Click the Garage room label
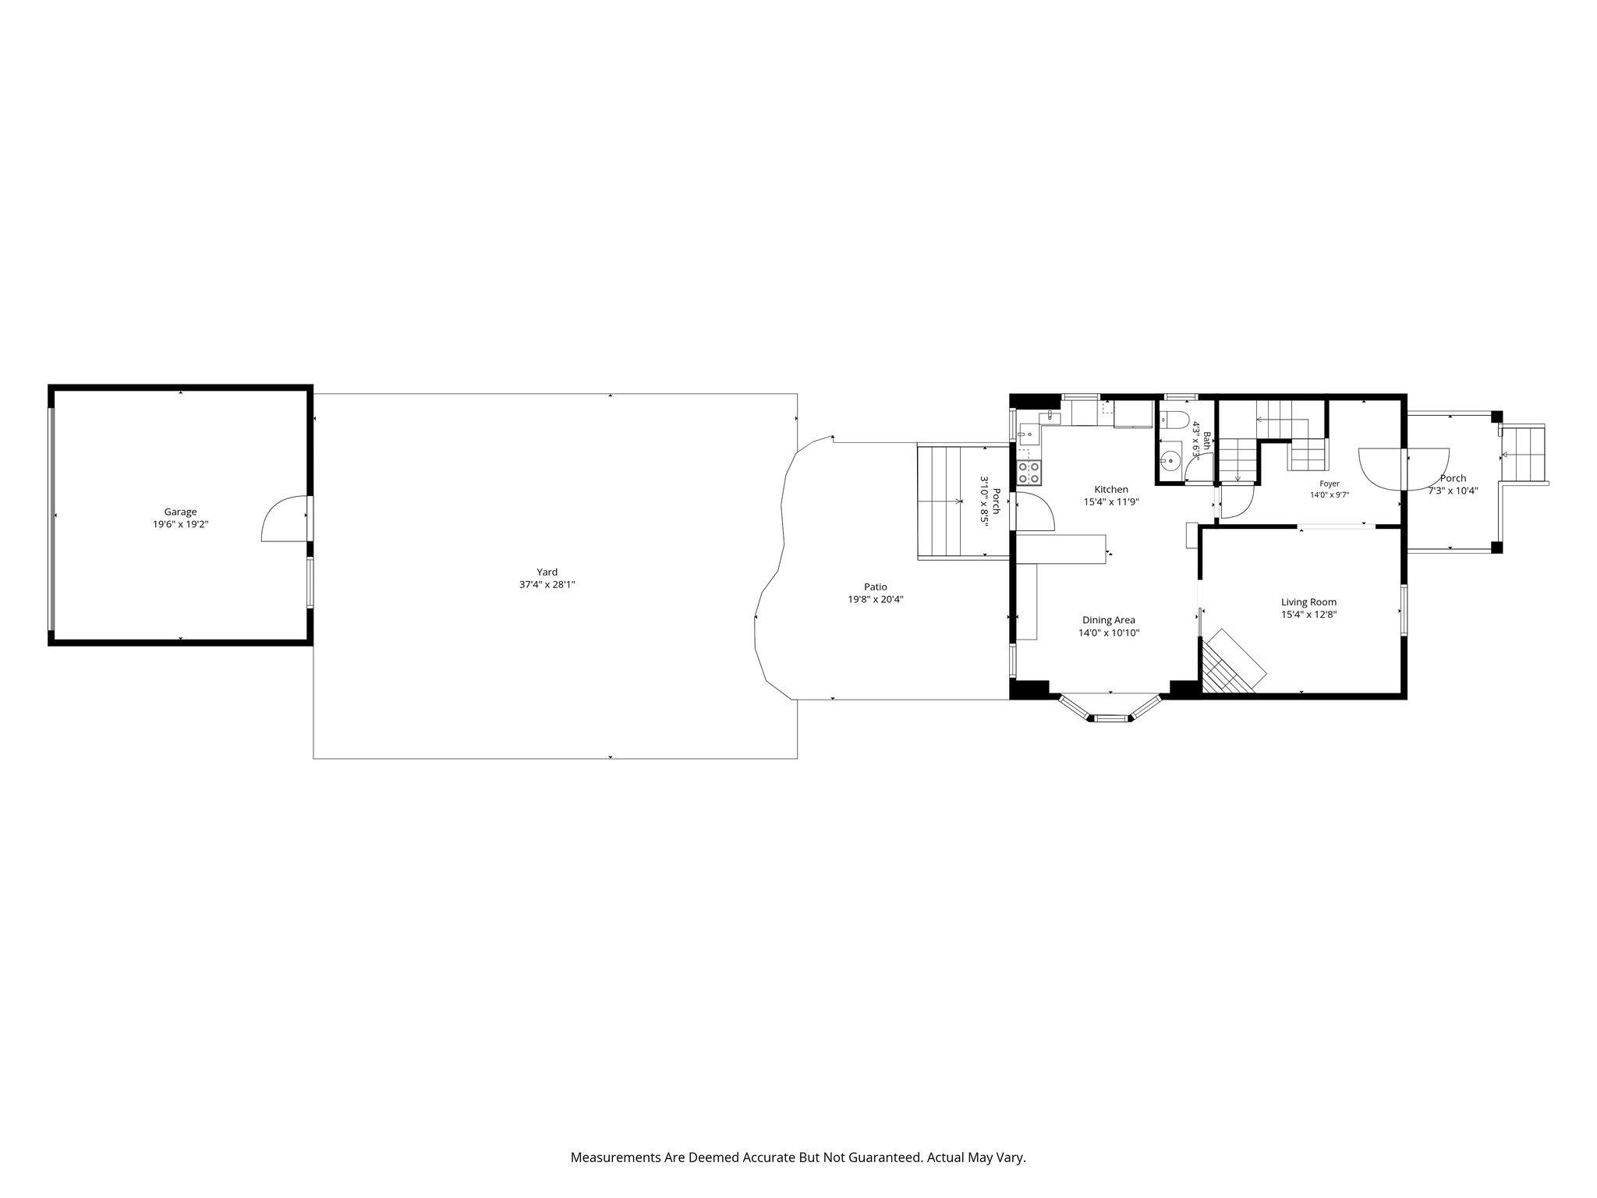[180, 512]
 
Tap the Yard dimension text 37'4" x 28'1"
[547, 584]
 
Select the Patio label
[876, 587]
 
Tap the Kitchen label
[1111, 489]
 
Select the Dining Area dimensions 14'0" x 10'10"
[1109, 633]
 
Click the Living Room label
[1308, 601]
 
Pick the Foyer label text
[1330, 484]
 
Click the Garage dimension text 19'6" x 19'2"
[180, 525]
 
